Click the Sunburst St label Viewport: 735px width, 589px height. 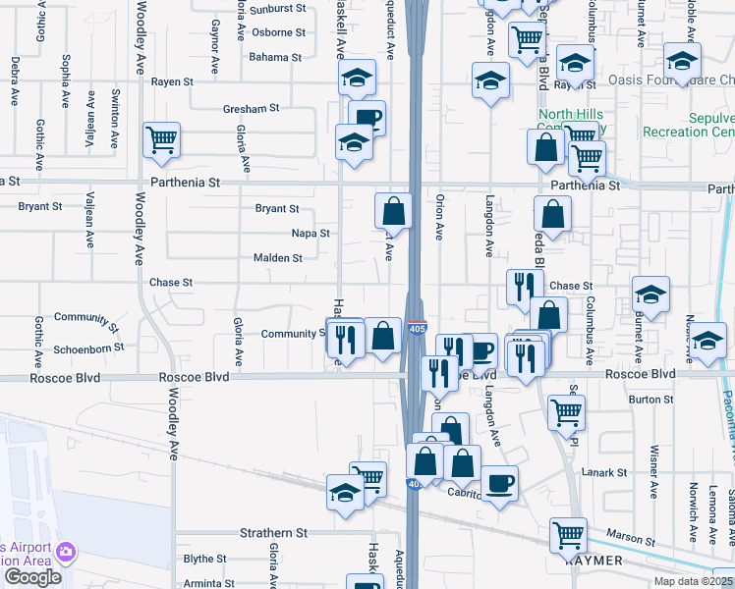coord(278,9)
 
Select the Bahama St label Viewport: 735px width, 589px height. coord(274,58)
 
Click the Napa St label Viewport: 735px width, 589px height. coord(311,234)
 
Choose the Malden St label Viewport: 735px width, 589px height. coord(278,258)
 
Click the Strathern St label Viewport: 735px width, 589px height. coord(274,534)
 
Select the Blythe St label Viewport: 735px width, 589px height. coord(205,560)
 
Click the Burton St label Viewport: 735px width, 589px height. coord(644,400)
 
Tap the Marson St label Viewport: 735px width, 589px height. coord(636,540)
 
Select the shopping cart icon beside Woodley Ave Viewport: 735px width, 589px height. coord(161,138)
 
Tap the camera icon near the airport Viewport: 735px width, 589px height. coord(67,552)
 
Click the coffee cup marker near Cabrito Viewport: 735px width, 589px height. coord(499,483)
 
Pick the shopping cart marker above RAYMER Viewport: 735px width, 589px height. coord(568,535)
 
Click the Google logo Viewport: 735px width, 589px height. coord(32,577)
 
